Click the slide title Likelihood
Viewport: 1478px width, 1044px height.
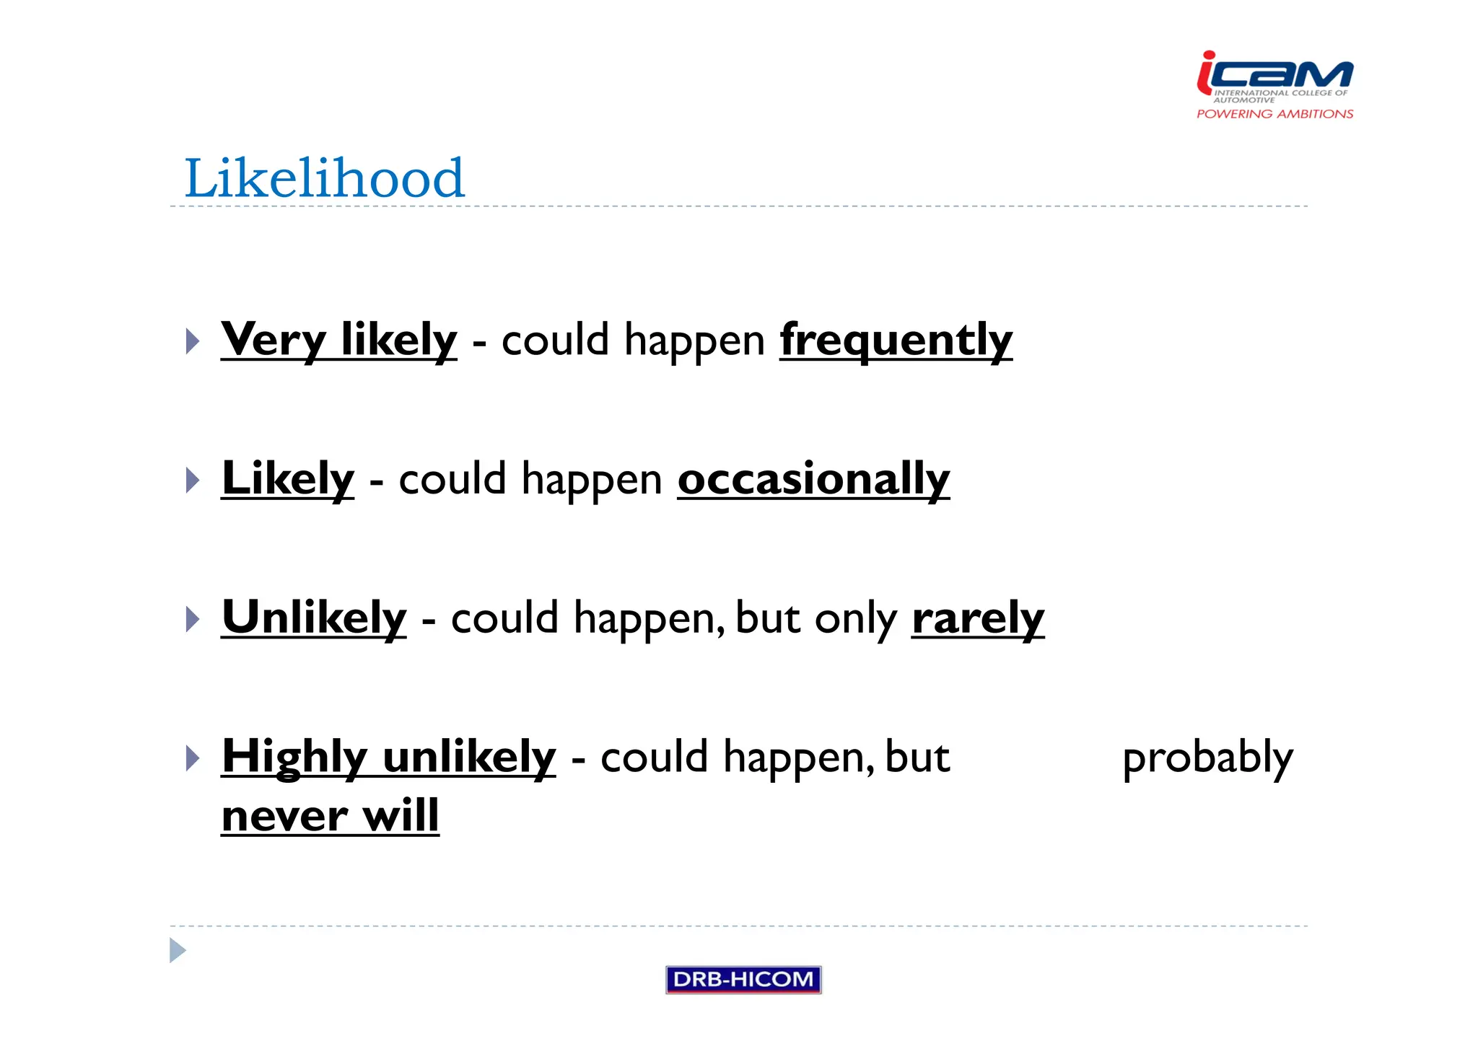pyautogui.click(x=324, y=178)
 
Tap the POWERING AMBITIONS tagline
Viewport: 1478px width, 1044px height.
pyautogui.click(x=1274, y=114)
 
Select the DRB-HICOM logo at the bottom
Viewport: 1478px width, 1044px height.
pyautogui.click(x=743, y=979)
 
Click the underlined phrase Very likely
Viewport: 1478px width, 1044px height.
pyautogui.click(x=339, y=339)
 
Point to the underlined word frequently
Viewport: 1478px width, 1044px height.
pyautogui.click(x=896, y=339)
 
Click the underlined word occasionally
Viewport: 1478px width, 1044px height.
pyautogui.click(x=813, y=478)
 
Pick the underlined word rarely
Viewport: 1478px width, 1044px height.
pyautogui.click(x=978, y=618)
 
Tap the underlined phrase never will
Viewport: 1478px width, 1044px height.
pyautogui.click(x=331, y=816)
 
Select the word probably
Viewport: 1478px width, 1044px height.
pyautogui.click(x=1207, y=758)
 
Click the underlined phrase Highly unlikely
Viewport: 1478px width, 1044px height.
pyautogui.click(x=389, y=757)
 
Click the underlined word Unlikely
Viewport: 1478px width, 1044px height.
pyautogui.click(x=315, y=618)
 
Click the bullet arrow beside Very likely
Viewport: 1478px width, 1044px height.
pyautogui.click(x=192, y=341)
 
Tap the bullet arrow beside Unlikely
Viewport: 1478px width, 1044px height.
pyautogui.click(x=192, y=620)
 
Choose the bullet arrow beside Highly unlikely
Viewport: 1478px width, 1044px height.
pyautogui.click(x=192, y=758)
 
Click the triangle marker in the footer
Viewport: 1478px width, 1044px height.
pyautogui.click(x=177, y=950)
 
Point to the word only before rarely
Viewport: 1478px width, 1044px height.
pyautogui.click(x=855, y=618)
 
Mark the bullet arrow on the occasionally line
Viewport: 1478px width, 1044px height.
pyautogui.click(x=192, y=481)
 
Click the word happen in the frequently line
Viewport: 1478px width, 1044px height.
pyautogui.click(x=694, y=340)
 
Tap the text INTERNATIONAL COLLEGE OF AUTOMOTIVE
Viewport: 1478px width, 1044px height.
pyautogui.click(x=1280, y=95)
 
